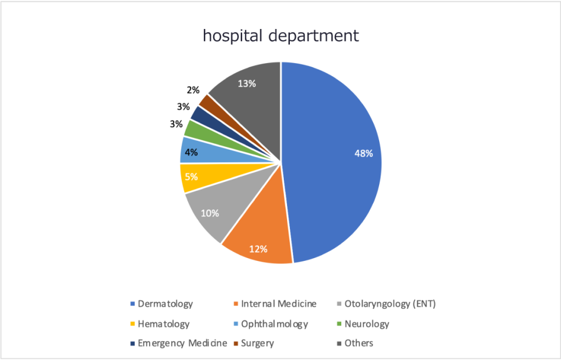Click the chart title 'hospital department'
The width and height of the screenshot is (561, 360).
pos(281,36)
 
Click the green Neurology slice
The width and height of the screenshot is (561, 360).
pos(193,129)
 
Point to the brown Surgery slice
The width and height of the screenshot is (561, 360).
pos(207,102)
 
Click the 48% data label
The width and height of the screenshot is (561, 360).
pos(363,153)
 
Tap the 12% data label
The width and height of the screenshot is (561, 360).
pos(258,249)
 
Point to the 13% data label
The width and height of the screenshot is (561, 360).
pos(247,83)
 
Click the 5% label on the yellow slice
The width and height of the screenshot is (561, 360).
pos(191,176)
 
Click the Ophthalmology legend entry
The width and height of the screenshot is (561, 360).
pos(274,323)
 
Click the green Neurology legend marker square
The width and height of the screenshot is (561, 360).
pos(340,324)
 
